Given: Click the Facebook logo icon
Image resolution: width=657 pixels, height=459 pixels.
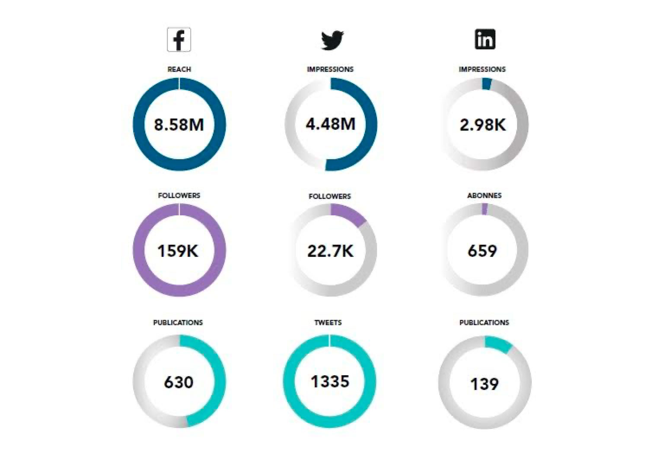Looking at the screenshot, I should (179, 40).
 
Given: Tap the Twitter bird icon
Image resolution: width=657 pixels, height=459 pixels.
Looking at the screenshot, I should (332, 40).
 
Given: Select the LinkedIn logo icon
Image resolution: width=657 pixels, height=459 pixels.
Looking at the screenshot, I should (485, 39).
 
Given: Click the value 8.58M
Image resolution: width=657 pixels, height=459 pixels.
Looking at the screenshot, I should (179, 125).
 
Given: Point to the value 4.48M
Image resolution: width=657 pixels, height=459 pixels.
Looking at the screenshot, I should (331, 124).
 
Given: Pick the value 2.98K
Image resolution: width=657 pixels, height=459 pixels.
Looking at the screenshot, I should (483, 125).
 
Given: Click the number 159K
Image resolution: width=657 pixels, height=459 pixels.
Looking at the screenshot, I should (178, 251).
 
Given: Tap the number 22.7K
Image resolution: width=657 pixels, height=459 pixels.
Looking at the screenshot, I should (330, 251).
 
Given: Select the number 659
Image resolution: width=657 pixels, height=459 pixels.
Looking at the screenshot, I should (482, 251).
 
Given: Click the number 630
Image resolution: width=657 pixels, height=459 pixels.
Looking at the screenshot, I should (179, 382).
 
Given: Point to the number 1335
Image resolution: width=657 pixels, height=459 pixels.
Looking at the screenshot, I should (330, 382).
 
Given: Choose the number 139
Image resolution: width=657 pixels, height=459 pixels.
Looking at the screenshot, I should (485, 384).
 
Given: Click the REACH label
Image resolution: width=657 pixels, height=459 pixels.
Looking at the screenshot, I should (179, 69).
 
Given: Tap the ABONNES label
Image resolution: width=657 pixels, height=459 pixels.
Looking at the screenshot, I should (484, 195).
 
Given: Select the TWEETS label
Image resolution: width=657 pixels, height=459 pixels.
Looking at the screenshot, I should (328, 322).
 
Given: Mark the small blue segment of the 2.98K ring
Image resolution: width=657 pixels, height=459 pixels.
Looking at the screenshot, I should (486, 84).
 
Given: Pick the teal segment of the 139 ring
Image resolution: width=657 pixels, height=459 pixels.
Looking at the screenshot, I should (498, 344).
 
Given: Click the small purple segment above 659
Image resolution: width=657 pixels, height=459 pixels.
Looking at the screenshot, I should (485, 209).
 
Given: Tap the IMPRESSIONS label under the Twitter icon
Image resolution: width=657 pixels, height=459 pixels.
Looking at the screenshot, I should (330, 69).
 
